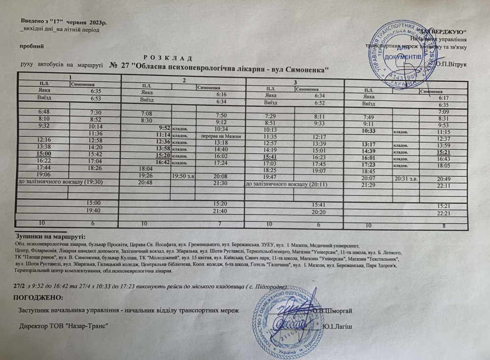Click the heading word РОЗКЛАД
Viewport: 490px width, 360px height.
pos(165,58)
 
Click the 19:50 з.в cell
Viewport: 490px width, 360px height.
pos(182,175)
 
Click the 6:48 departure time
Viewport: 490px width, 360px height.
pos(44,112)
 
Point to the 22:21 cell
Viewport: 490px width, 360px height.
pos(444,214)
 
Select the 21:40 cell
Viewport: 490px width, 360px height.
pos(221,210)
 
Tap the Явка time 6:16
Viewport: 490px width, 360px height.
pos(221,94)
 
